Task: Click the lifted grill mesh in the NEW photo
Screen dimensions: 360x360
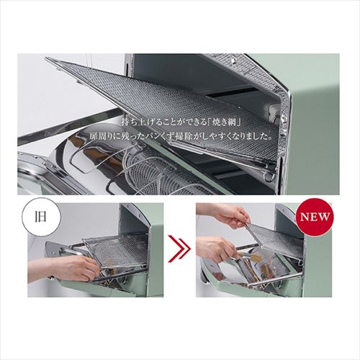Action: (275, 239)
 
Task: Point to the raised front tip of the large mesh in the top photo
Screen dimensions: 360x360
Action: (46, 58)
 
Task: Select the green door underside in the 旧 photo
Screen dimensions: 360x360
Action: (101, 287)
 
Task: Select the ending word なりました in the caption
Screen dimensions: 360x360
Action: (254, 137)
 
